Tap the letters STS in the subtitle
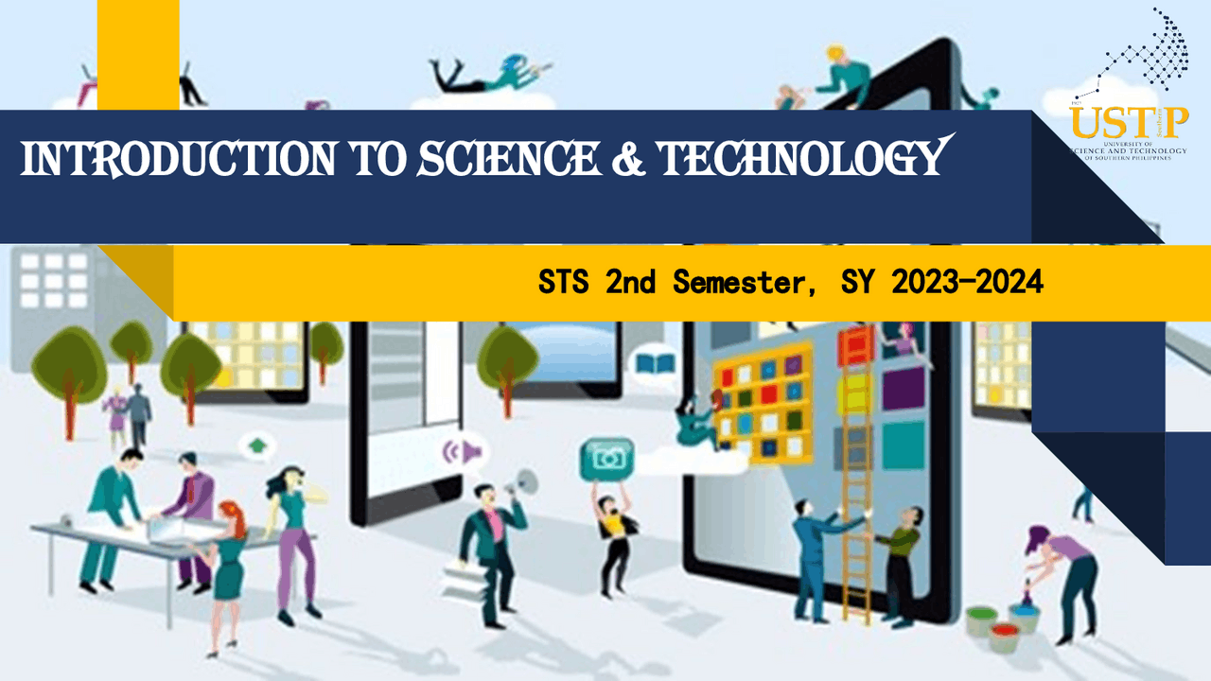click(x=565, y=282)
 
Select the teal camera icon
click(x=606, y=459)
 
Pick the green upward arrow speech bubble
click(x=255, y=445)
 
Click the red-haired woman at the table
click(x=230, y=558)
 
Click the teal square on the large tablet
click(x=904, y=445)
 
